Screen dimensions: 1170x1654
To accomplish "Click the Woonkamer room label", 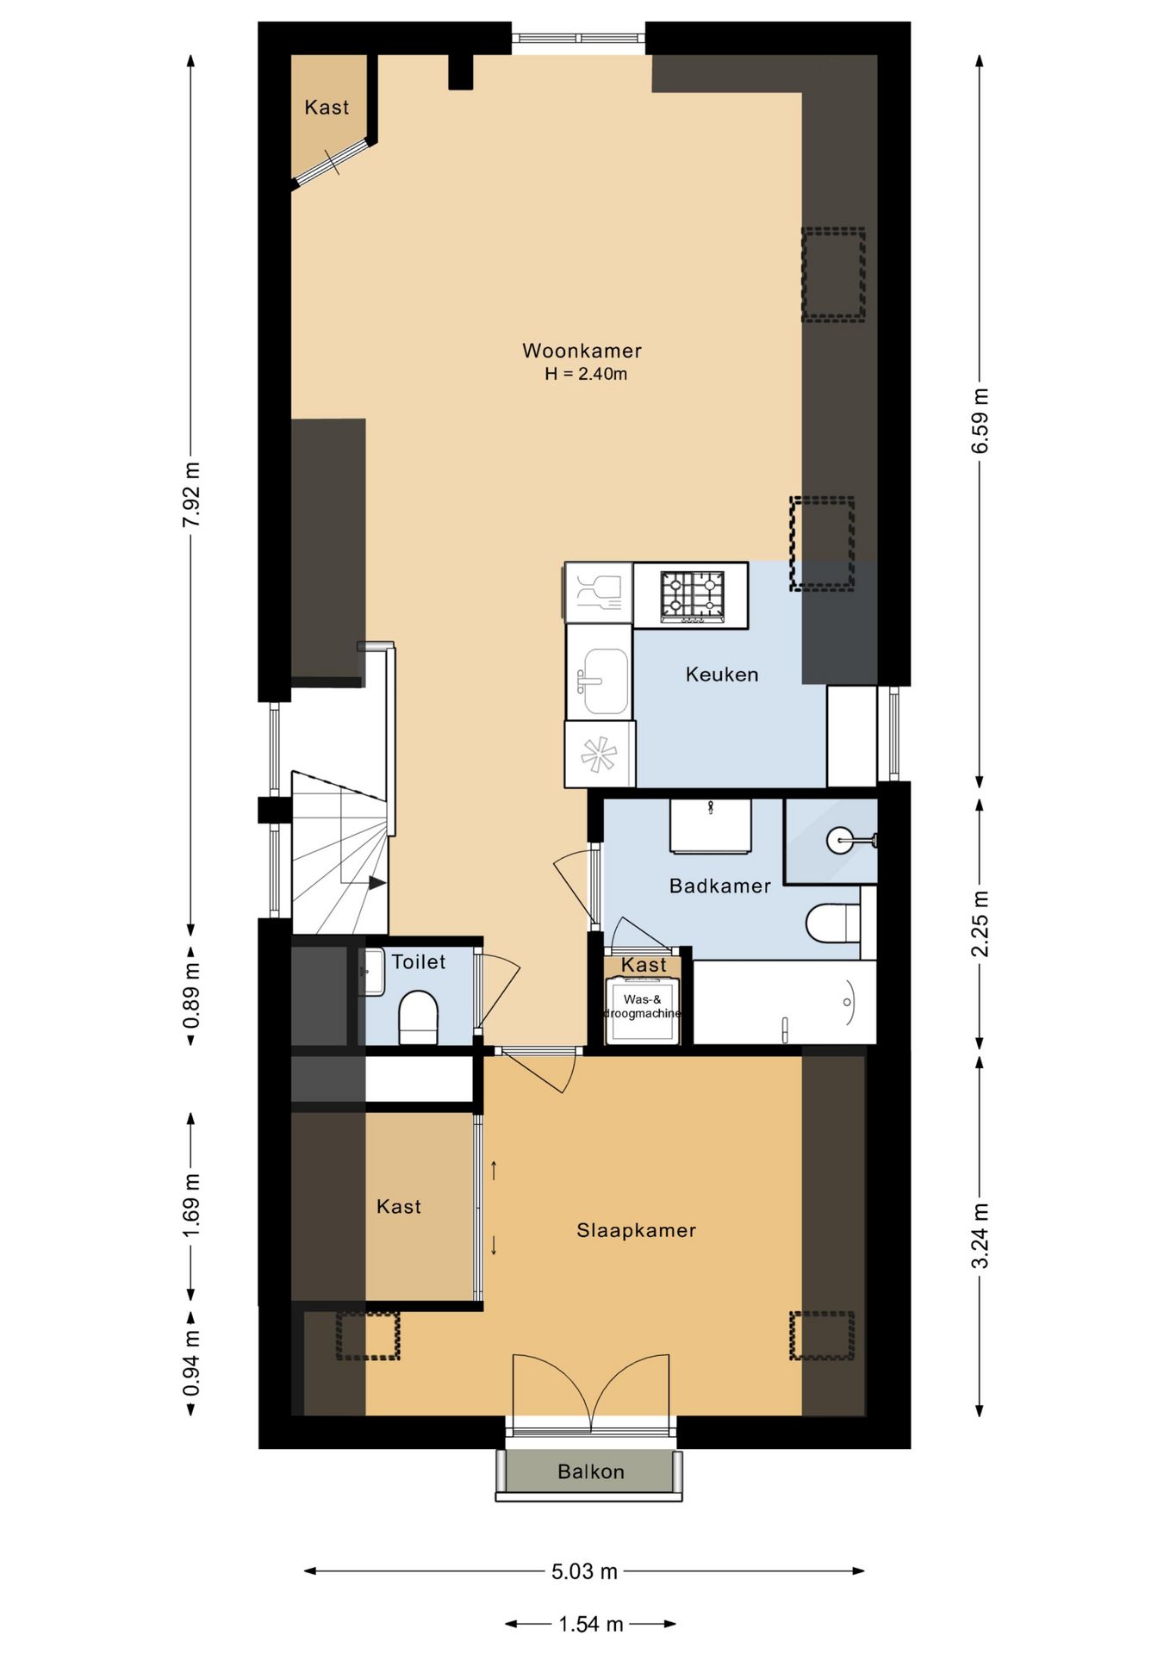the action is [582, 351].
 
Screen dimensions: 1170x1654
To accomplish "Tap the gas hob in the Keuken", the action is [691, 595].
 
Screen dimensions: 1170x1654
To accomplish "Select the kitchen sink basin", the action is [606, 681].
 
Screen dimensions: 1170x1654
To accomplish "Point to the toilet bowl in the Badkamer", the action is [832, 924].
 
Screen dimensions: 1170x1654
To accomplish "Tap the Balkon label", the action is [591, 1471].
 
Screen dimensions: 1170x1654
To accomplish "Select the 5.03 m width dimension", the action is [584, 1571].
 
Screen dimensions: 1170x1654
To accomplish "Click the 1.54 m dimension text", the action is [590, 1624].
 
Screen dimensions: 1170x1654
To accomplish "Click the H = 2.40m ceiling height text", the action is [586, 374].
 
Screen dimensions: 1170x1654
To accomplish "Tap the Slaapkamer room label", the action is [637, 1230].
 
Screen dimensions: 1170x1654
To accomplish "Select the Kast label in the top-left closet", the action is [327, 108].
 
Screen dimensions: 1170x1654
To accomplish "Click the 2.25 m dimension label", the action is [980, 923].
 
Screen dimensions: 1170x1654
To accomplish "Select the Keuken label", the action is [722, 675].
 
